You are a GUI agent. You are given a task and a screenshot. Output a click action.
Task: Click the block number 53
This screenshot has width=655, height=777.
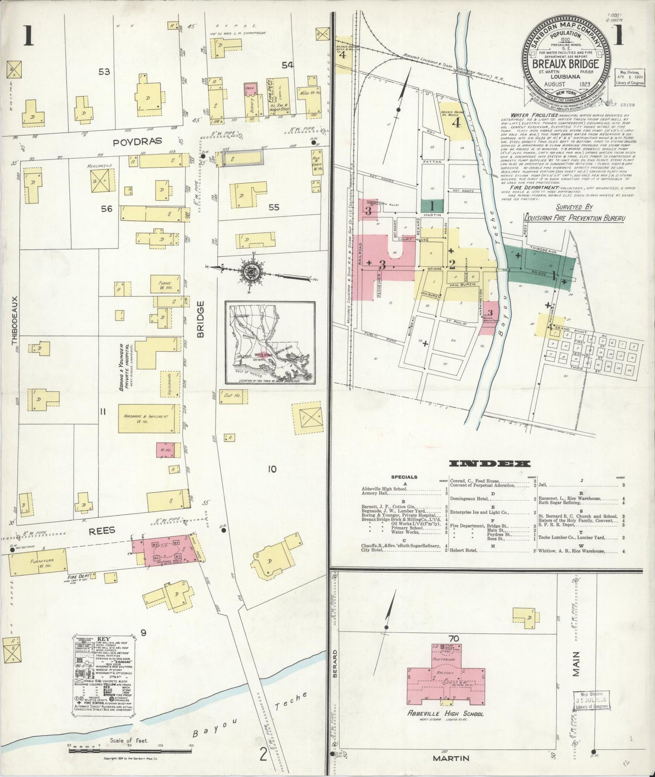point(104,72)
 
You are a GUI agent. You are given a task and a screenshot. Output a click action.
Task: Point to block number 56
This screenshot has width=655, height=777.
point(107,209)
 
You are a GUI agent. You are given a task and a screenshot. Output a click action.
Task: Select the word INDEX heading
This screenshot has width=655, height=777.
point(489,464)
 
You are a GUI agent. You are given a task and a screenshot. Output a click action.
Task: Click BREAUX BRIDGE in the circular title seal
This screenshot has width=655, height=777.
point(568,64)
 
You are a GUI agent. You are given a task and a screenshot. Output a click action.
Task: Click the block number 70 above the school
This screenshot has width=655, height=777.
point(454,639)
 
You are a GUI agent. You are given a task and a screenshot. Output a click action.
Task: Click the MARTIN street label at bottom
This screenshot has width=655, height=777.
point(451,758)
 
